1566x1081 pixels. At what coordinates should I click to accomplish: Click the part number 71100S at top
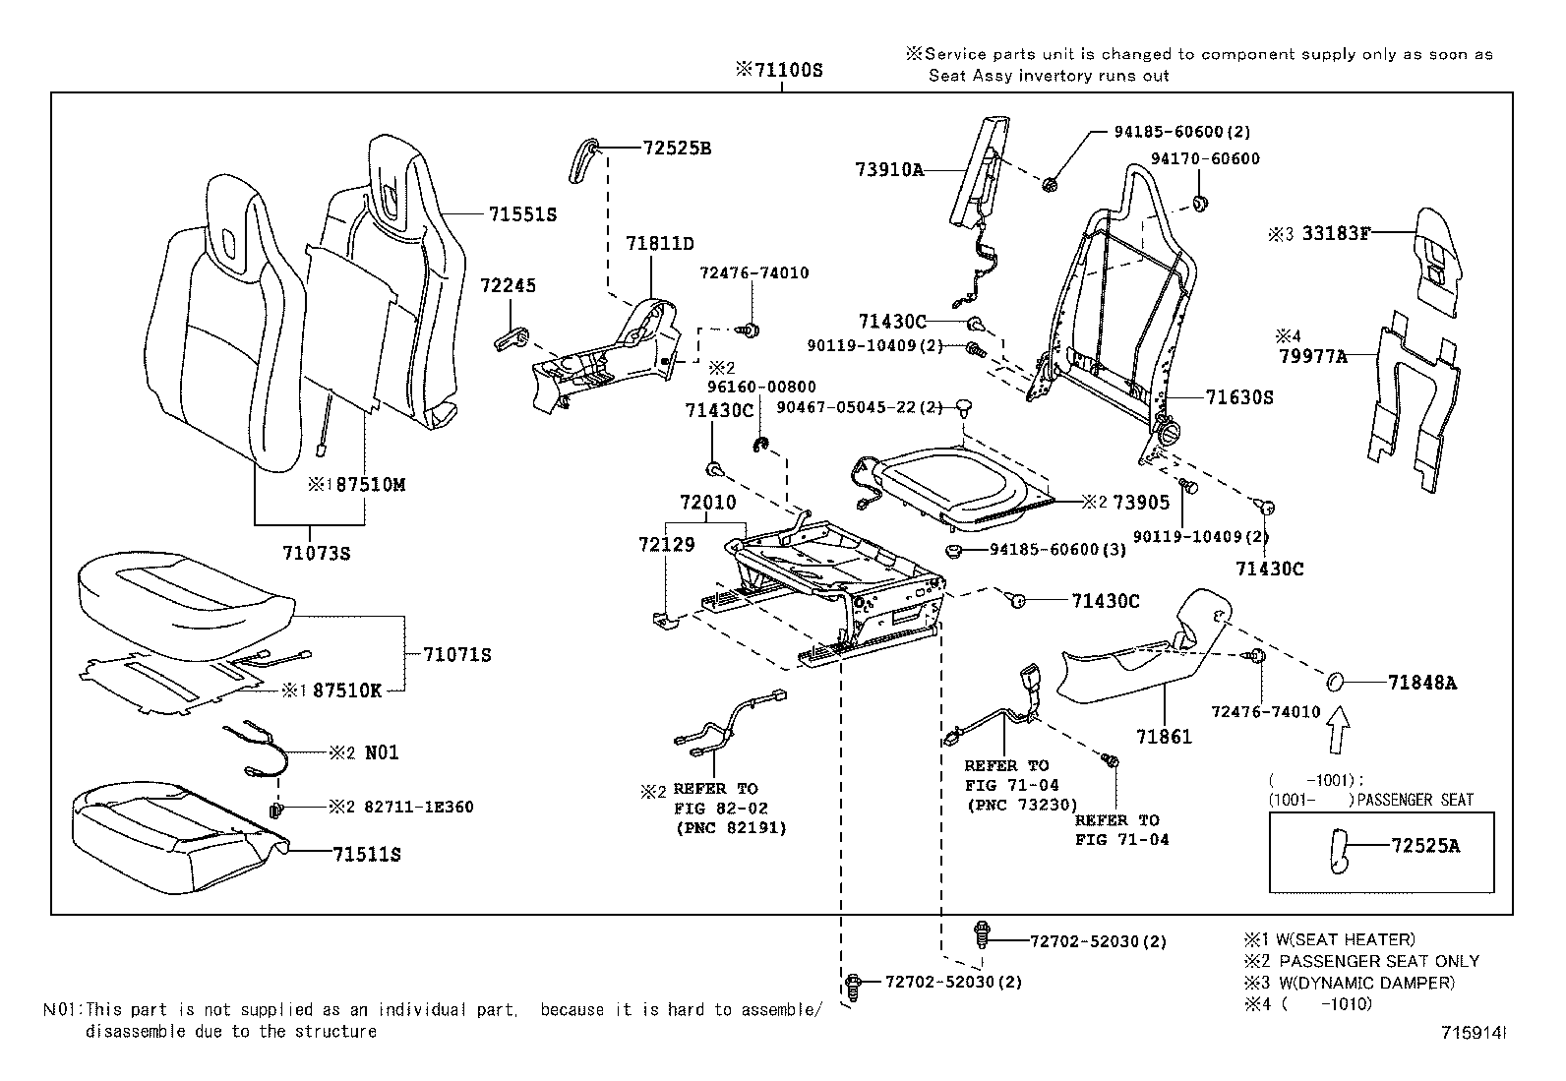coord(786,71)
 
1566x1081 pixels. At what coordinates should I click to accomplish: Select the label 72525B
coord(677,149)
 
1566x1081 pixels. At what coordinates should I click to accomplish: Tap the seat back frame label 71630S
coord(1239,397)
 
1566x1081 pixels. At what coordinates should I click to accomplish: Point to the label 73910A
coord(890,170)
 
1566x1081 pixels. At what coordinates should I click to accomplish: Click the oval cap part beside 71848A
coord(1335,682)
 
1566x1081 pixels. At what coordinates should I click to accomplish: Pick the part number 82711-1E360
coord(418,808)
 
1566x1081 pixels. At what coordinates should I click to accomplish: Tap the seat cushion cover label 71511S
coord(366,854)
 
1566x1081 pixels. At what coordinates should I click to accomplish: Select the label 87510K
coord(346,691)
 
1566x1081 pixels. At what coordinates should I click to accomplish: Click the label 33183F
coord(1336,233)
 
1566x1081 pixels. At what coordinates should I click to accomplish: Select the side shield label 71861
coord(1164,736)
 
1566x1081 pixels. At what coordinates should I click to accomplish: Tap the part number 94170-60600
coord(1205,158)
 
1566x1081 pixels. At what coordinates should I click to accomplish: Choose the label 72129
coord(666,544)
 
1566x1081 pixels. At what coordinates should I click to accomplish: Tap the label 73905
coord(1141,503)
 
